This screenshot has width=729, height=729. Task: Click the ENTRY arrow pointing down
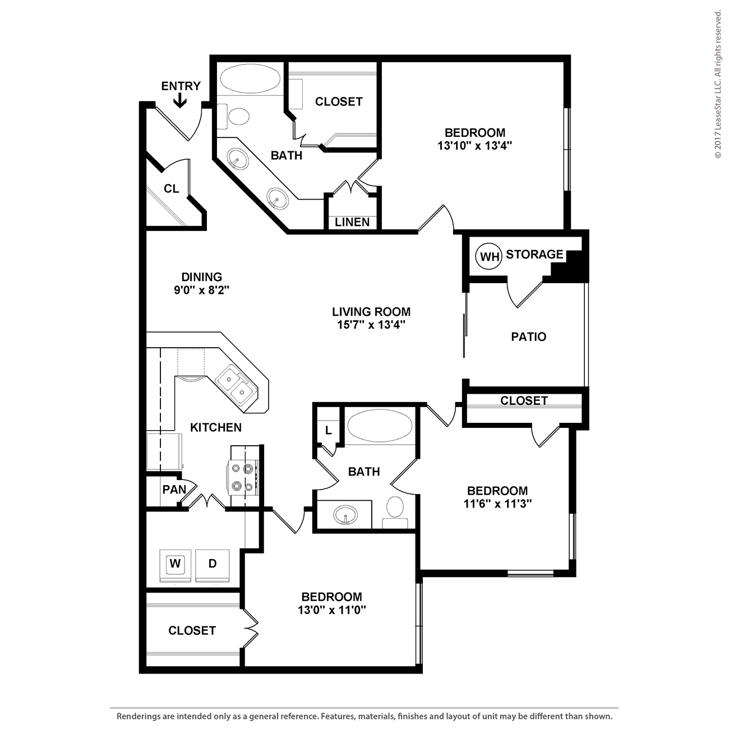[179, 100]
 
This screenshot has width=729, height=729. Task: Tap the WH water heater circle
[489, 256]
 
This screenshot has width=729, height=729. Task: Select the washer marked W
[175, 565]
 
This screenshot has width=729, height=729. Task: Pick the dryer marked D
[212, 565]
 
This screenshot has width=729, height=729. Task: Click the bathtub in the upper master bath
[250, 79]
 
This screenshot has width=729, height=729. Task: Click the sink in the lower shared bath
[345, 514]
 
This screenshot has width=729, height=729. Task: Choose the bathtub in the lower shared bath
[380, 425]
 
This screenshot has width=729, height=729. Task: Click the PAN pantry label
[174, 490]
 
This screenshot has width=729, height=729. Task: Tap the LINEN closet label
[352, 222]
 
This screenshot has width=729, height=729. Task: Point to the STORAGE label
[534, 254]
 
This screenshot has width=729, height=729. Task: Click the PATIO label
[528, 336]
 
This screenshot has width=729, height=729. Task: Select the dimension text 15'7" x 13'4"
[371, 325]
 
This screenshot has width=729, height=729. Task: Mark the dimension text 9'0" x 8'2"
[202, 290]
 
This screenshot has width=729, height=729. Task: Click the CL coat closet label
[172, 188]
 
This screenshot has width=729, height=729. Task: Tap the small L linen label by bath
[329, 430]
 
